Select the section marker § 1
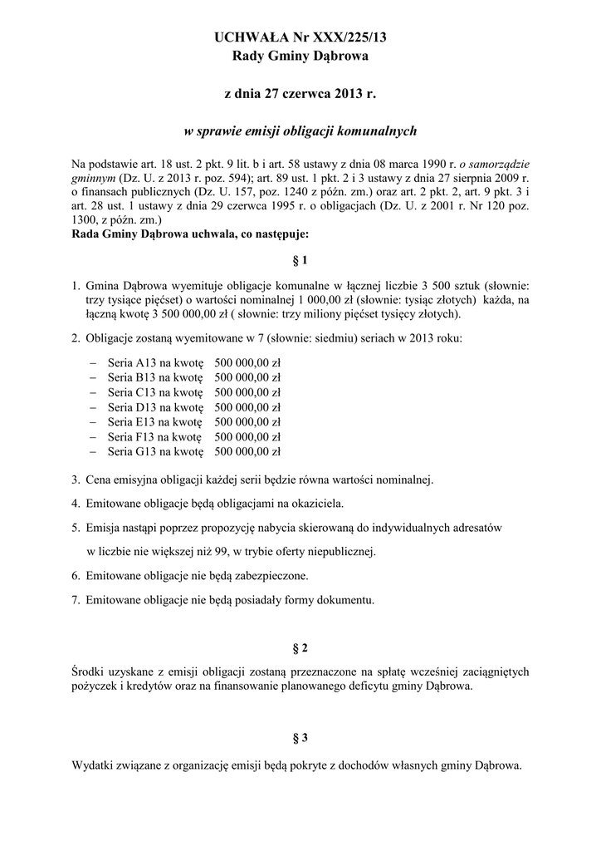300,260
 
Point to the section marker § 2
300,647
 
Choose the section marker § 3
300,737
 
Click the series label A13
147,362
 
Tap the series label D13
147,407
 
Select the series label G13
147,452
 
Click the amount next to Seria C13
247,392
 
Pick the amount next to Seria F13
247,437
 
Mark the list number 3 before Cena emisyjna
76,480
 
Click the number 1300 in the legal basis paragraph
86,221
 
